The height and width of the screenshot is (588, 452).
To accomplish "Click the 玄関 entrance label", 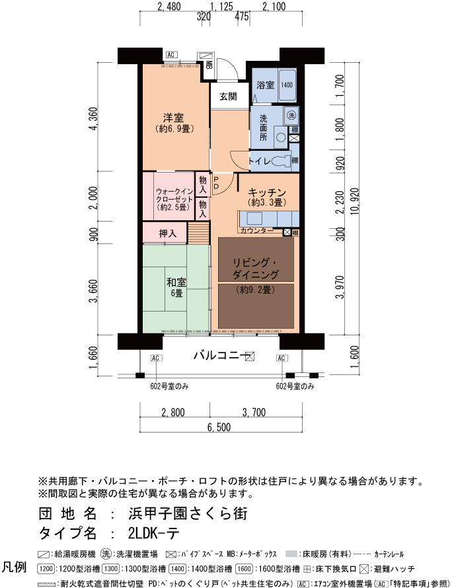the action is point(228,97).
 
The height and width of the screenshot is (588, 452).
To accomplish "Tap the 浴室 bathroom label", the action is point(266,85).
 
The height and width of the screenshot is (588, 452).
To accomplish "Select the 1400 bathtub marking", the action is point(287,85).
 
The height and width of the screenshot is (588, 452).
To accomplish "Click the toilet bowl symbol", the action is point(281,161).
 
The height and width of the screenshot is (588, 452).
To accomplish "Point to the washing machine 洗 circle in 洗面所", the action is point(291,114).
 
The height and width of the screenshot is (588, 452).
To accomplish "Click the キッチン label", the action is point(267,192).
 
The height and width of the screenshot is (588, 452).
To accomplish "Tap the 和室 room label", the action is point(176,282).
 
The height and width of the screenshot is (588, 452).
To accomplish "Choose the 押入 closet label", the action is point(167,233).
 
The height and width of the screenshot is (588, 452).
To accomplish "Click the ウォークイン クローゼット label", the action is point(174,195).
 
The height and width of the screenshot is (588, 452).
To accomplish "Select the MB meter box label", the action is point(209,65).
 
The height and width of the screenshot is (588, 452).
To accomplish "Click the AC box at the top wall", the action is point(171,55).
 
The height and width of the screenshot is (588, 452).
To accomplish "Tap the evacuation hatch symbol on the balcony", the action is point(250,357).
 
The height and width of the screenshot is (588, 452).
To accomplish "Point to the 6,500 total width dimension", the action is point(219,427).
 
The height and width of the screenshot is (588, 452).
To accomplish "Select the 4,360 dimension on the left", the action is point(93,119).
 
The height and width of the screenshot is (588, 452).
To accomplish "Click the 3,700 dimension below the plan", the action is point(254,413).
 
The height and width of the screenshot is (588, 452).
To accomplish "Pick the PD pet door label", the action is point(216,183).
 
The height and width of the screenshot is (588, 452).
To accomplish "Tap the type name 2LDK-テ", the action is point(154,533).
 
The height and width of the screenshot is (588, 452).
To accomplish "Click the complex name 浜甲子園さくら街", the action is point(188,513).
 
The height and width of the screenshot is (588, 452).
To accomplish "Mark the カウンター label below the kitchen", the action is point(257,231).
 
